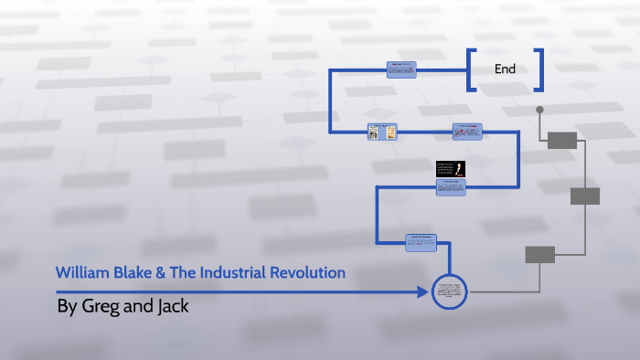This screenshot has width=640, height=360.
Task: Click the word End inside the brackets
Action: pyautogui.click(x=505, y=69)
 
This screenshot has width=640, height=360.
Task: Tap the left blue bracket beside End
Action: pyautogui.click(x=471, y=69)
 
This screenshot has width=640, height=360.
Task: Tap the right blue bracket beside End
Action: pyautogui.click(x=539, y=69)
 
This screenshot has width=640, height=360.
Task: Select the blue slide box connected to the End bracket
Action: pyautogui.click(x=401, y=69)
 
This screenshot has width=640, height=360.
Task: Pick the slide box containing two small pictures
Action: pyautogui.click(x=382, y=132)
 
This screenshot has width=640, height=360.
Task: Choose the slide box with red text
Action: pyautogui.click(x=466, y=132)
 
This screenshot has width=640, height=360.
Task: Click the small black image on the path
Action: pyautogui.click(x=451, y=168)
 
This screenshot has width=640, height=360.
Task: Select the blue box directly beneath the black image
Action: pyautogui.click(x=451, y=186)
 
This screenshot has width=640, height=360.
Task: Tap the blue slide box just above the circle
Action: pyautogui.click(x=421, y=242)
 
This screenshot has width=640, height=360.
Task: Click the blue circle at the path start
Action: pyautogui.click(x=449, y=292)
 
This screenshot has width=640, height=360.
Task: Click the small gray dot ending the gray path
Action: pyautogui.click(x=539, y=110)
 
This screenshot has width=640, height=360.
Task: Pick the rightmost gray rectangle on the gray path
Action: pyautogui.click(x=584, y=196)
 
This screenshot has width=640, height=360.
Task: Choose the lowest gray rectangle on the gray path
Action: pyautogui.click(x=539, y=255)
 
